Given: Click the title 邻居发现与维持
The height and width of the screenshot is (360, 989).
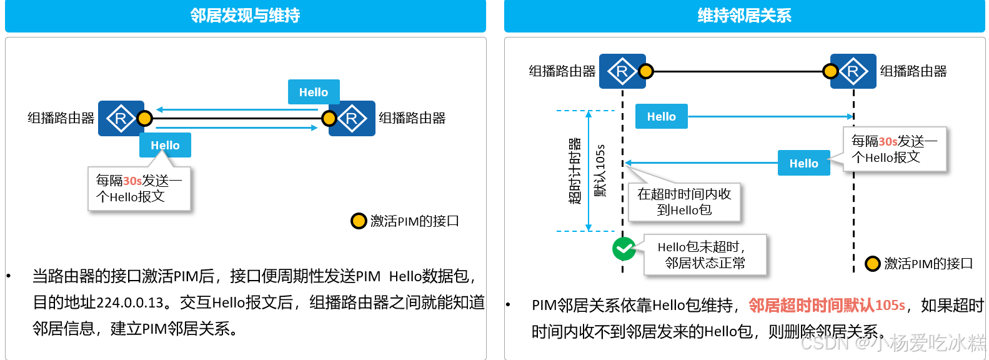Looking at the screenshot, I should pos(245,16).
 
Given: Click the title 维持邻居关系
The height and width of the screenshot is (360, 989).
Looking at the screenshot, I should pos(744,16).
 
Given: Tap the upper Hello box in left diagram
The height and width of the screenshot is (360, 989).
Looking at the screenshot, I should pos(314,92).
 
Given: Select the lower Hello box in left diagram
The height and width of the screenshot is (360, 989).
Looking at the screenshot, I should pos(165,145).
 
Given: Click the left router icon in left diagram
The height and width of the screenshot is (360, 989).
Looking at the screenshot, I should pos(120,118).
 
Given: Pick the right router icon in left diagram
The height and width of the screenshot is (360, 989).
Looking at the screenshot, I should pos(352,118).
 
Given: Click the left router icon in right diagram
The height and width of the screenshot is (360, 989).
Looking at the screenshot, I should pos(621,71).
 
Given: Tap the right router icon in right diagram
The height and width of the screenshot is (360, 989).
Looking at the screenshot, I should pos(853,71).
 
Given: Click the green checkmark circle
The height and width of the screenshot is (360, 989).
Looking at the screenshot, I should pos(624,249).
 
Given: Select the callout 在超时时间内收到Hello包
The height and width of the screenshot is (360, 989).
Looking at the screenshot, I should pos(684,202).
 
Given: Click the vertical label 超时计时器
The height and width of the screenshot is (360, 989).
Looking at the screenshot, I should pos(575,171).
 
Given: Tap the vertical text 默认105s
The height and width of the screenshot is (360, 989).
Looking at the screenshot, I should pos(600,171).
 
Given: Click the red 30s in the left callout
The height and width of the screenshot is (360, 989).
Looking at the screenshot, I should pos(132,181).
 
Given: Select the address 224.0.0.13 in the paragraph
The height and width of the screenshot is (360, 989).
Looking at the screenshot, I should pos(130,302).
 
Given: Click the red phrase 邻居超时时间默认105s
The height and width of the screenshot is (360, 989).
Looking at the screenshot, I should pos(827,305).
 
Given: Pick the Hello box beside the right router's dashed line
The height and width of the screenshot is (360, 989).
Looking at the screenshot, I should pos(803,163).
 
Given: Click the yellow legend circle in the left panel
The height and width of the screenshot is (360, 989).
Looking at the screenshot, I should pos(359,221).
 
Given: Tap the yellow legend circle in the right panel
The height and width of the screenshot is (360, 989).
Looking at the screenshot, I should pos(872,264).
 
